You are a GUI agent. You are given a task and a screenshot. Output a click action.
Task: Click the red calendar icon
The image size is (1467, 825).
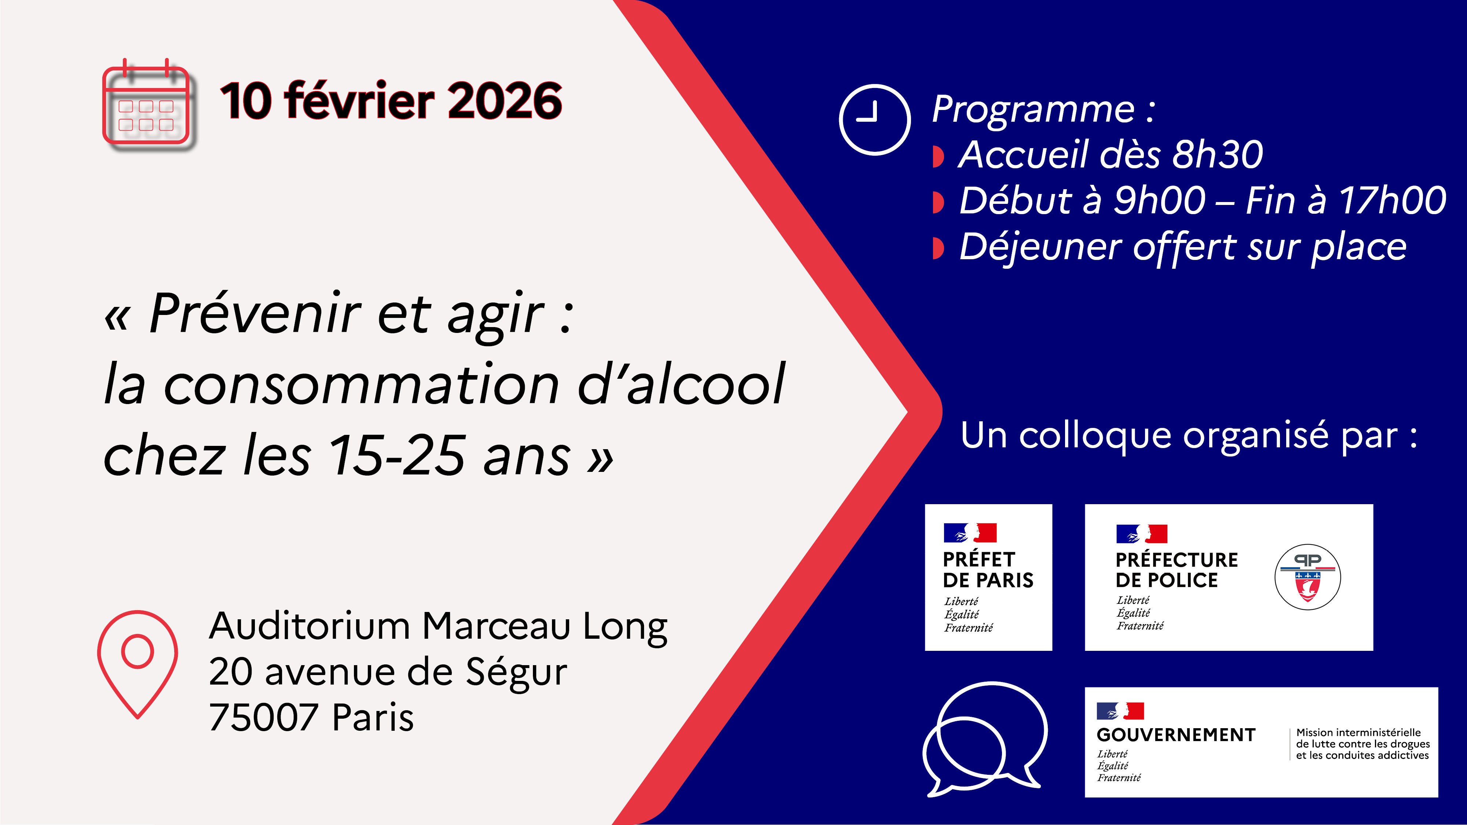pyautogui.click(x=146, y=103)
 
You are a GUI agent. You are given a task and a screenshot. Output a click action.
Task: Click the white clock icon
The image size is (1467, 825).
pyautogui.click(x=875, y=120)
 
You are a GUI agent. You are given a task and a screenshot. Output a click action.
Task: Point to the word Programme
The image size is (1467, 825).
pyautogui.click(x=1033, y=109)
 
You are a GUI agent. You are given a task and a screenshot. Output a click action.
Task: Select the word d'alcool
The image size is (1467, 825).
pyautogui.click(x=682, y=384)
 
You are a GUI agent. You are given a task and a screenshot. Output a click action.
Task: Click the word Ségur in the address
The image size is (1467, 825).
pyautogui.click(x=516, y=672)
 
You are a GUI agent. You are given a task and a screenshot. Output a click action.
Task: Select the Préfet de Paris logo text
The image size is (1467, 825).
pyautogui.click(x=988, y=570)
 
